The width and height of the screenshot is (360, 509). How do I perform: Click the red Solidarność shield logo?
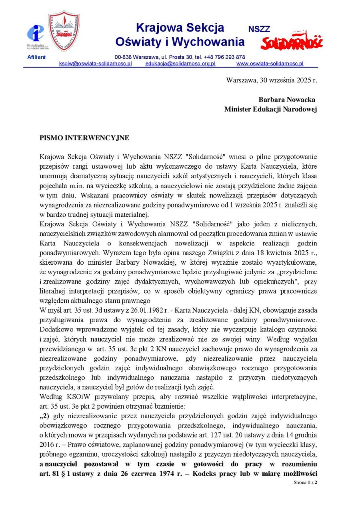[64, 30]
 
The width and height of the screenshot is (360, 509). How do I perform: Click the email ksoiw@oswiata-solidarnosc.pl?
[95, 64]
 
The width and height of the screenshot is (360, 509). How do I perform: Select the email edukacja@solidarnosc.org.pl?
[180, 64]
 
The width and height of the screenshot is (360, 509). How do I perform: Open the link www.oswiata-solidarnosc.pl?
[270, 64]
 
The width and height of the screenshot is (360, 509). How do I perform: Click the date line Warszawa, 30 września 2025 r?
[271, 80]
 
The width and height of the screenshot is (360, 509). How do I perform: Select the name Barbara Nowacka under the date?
[287, 100]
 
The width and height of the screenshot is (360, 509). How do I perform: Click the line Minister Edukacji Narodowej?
[270, 109]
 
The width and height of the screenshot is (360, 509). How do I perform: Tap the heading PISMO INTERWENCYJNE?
[84, 138]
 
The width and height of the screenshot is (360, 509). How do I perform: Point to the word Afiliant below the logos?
[36, 57]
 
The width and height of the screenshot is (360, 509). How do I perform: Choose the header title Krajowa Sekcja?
[180, 28]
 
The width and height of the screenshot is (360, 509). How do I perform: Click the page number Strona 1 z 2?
[305, 483]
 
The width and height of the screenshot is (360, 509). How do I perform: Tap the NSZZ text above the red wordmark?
[259, 29]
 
